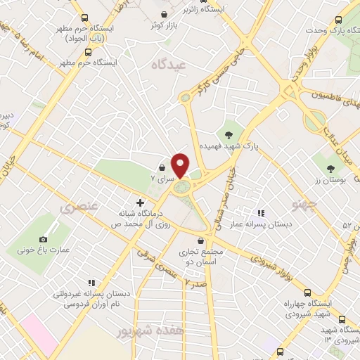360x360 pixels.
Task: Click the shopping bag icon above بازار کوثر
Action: coord(164,14)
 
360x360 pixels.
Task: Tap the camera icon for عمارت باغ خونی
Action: coord(43,240)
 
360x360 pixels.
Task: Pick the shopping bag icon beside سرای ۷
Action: coord(163,168)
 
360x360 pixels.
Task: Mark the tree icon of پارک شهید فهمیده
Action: coord(228,134)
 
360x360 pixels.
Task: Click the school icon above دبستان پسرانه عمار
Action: coord(260,213)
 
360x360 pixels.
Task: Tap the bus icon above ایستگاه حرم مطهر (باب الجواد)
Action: coord(85,18)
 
